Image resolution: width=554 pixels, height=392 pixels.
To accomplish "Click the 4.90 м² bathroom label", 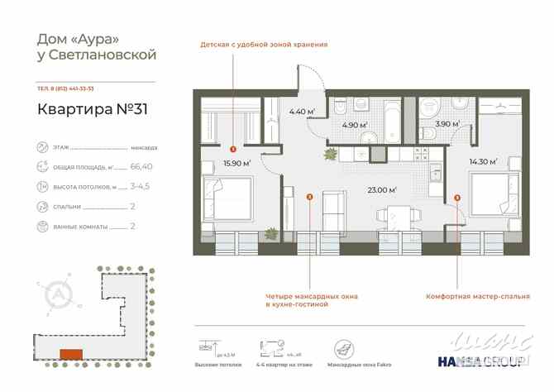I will [356, 127].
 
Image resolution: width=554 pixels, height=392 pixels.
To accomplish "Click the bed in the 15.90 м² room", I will [228, 202].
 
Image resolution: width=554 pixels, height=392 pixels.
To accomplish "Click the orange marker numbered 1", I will [234, 150].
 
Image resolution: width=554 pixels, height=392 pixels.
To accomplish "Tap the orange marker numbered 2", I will [309, 197].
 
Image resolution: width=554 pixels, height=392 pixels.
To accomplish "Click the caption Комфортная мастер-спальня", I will [472, 296].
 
